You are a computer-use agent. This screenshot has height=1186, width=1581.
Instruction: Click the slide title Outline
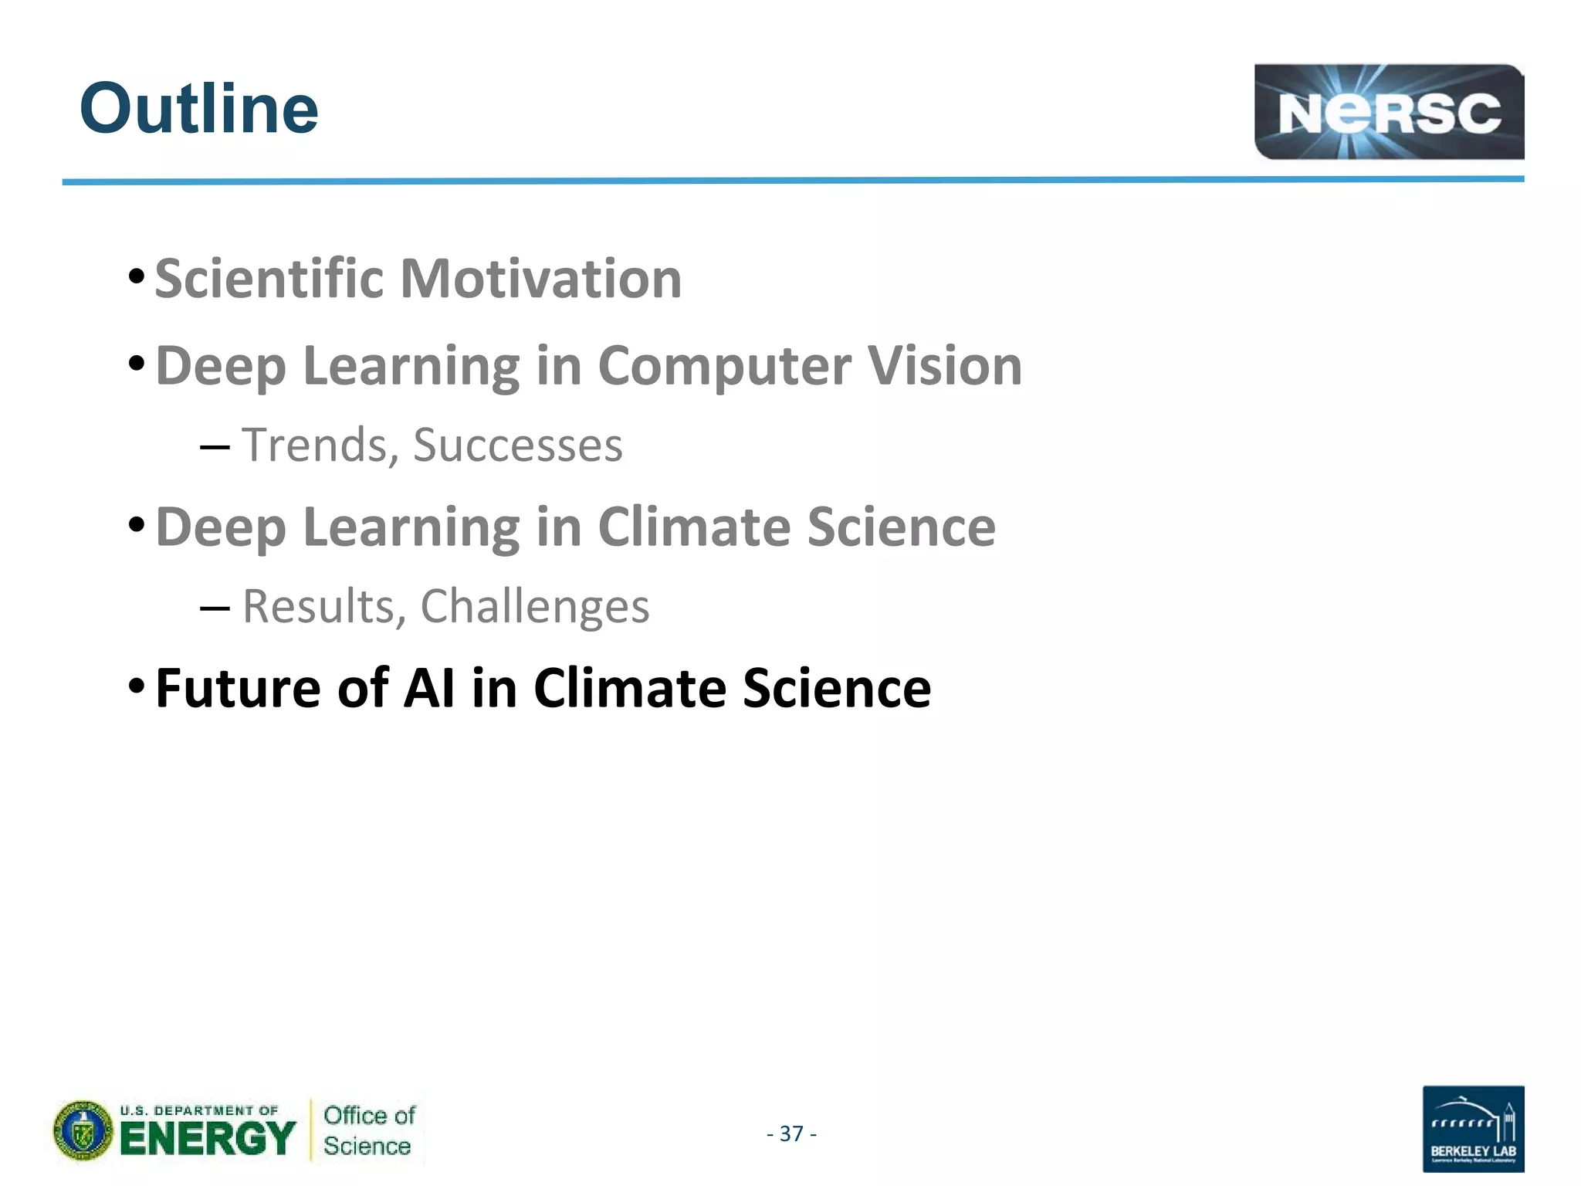click(x=198, y=109)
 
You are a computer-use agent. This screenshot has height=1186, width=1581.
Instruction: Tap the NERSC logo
click(x=1388, y=113)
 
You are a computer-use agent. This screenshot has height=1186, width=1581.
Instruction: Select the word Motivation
click(x=540, y=279)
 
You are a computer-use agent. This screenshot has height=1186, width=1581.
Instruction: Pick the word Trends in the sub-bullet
click(x=314, y=446)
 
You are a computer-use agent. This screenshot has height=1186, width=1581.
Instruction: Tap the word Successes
click(x=517, y=446)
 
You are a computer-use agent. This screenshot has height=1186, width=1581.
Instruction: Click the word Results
click(x=319, y=606)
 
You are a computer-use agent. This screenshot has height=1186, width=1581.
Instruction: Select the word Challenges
click(x=534, y=606)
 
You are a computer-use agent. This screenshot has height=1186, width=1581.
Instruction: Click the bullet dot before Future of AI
click(x=137, y=685)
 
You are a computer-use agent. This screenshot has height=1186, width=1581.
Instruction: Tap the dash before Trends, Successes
click(x=214, y=448)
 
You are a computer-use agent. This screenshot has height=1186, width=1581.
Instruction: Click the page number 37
click(x=791, y=1133)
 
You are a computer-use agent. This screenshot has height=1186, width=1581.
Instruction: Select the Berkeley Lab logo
click(x=1472, y=1129)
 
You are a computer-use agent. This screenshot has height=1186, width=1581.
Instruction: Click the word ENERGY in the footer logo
click(x=208, y=1139)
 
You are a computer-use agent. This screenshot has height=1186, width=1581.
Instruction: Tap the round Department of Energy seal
click(x=83, y=1131)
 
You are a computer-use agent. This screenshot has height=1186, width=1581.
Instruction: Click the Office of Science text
click(x=368, y=1130)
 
